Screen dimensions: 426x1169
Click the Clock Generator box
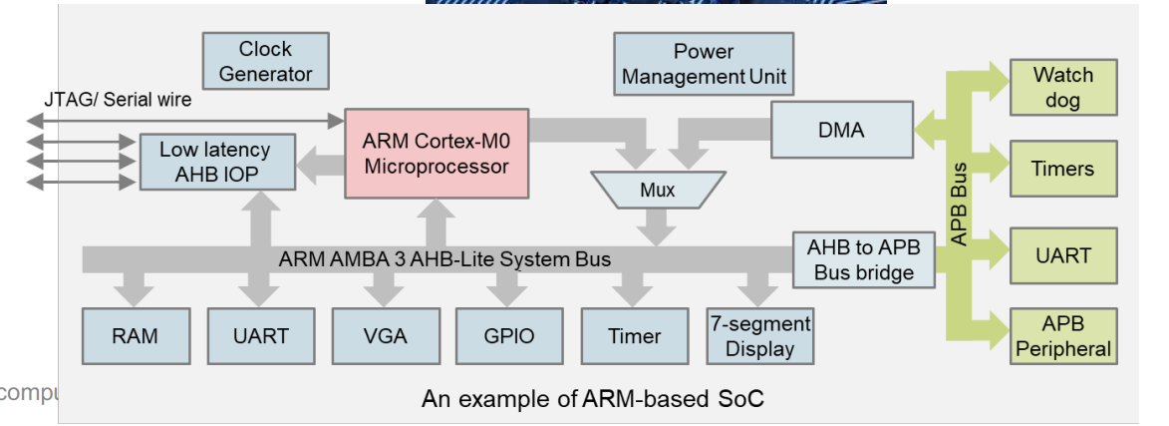(265, 61)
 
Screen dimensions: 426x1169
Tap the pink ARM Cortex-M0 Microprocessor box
(437, 153)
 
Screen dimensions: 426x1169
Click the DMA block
(842, 130)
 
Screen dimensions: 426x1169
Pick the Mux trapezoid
(657, 190)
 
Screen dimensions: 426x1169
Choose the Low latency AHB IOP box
(214, 162)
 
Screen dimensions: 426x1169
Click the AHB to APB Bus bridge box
(864, 260)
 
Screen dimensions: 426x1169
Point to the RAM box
(135, 336)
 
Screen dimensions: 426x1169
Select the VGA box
(386, 336)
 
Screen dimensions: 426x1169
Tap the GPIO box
(508, 336)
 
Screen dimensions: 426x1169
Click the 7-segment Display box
(760, 336)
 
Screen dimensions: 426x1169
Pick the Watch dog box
(1062, 86)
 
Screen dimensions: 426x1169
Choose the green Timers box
(1062, 169)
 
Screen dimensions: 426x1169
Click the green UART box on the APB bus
(1062, 255)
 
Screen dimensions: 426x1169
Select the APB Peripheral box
(1062, 336)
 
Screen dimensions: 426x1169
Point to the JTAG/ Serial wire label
(118, 100)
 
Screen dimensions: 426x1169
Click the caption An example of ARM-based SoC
(593, 399)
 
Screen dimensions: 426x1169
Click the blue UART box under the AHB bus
(260, 336)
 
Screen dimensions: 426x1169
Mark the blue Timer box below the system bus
(635, 336)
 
